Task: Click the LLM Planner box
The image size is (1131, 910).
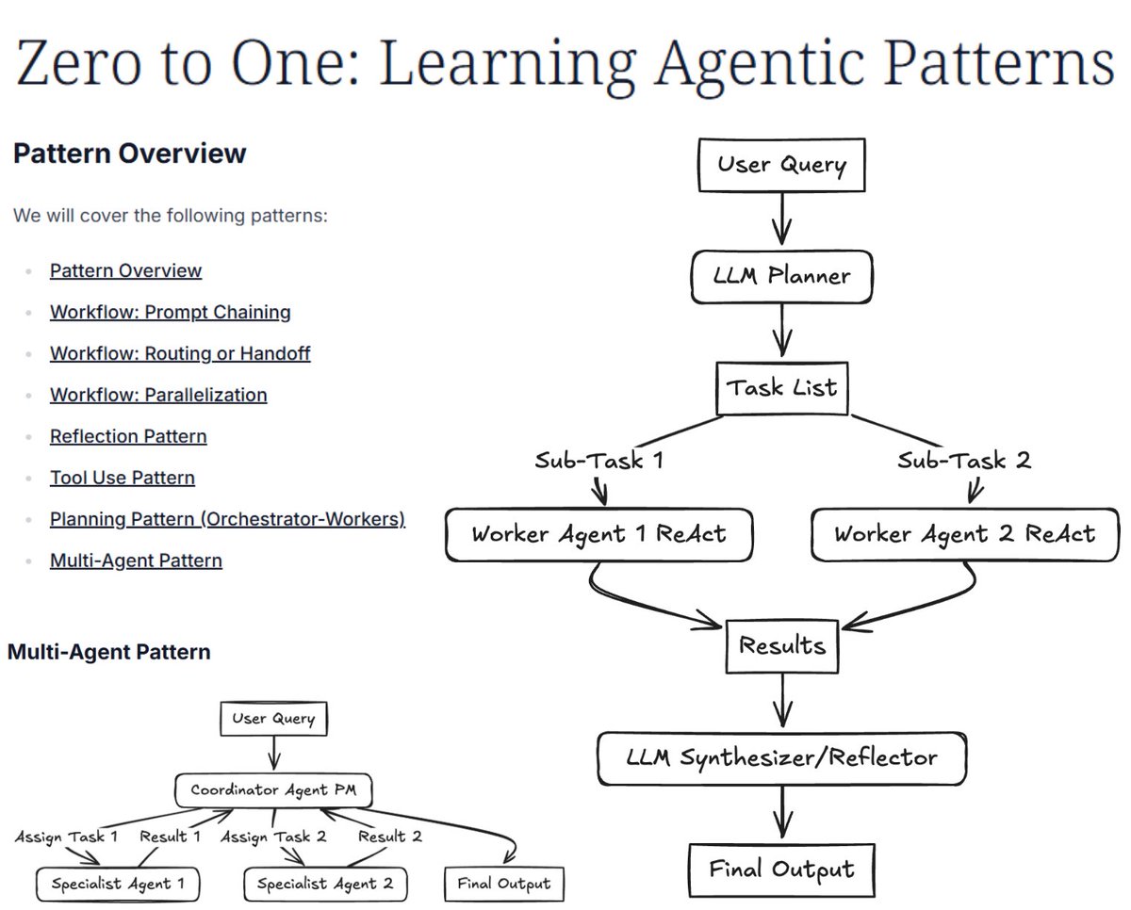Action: [781, 276]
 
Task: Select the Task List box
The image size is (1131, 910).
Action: [781, 388]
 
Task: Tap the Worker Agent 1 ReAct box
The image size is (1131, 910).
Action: [598, 534]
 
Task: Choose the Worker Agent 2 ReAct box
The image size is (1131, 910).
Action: [964, 534]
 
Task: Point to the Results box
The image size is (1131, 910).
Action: [781, 646]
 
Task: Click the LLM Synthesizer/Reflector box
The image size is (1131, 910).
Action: [781, 757]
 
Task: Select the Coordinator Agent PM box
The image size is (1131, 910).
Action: [273, 790]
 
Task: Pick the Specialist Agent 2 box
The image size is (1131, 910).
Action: [325, 884]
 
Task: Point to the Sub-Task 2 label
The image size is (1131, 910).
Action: [963, 461]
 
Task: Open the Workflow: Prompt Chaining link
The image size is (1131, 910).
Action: [170, 312]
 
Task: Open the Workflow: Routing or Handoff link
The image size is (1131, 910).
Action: [180, 353]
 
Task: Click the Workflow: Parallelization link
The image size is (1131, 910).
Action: [158, 395]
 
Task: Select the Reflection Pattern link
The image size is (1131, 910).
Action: [128, 436]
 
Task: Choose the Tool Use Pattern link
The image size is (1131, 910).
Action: [123, 478]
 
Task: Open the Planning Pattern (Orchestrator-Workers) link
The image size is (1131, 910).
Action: [227, 519]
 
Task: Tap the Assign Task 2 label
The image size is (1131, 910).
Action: [272, 837]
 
